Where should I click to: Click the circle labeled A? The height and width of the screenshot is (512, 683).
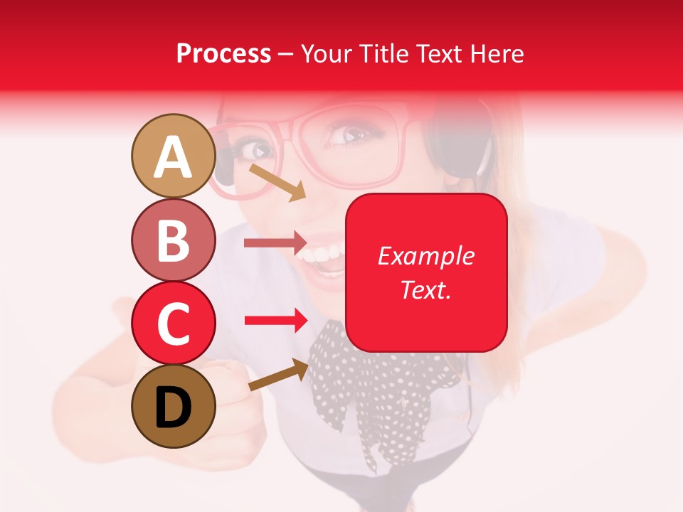[x=173, y=156]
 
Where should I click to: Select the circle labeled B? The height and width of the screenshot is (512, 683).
[x=173, y=240]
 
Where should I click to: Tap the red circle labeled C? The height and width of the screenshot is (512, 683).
[x=173, y=324]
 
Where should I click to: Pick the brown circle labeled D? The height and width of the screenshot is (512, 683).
[x=173, y=406]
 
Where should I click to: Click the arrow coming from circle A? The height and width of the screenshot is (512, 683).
[x=277, y=182]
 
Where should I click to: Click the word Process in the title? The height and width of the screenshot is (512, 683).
[x=223, y=54]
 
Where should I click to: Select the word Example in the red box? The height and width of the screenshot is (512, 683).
[x=425, y=256]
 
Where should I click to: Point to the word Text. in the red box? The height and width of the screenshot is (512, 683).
[x=425, y=289]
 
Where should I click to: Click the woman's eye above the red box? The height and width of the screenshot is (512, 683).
[x=351, y=134]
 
